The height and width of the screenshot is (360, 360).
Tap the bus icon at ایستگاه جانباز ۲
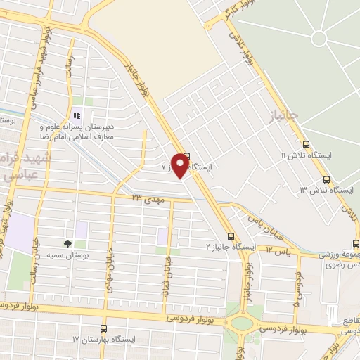click(x=231, y=237)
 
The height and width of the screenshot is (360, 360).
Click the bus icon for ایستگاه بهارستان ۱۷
click(x=103, y=328)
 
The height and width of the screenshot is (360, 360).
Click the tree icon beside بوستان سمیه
click(x=67, y=243)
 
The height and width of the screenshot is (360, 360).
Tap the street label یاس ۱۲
click(x=278, y=251)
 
